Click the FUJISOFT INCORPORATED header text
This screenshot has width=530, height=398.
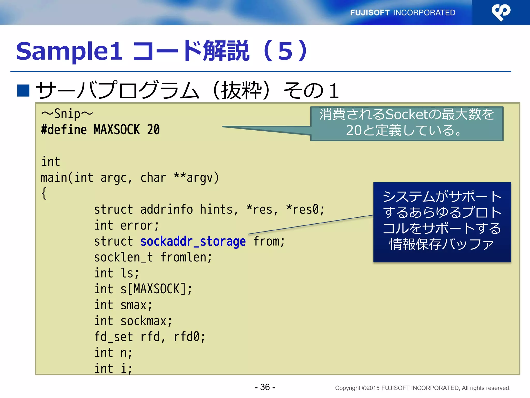(x=402, y=12)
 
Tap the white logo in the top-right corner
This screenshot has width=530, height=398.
(x=501, y=12)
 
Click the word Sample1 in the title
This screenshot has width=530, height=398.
(x=69, y=51)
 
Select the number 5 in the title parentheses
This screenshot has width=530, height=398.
(x=285, y=51)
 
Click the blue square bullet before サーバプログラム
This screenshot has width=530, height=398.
(x=23, y=90)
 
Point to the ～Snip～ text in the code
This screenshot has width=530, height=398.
(x=67, y=114)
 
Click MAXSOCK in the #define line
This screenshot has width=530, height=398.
(x=116, y=130)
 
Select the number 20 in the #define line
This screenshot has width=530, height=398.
(x=153, y=130)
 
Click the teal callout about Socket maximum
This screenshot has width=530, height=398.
(x=407, y=123)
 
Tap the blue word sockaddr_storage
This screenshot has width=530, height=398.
(x=193, y=241)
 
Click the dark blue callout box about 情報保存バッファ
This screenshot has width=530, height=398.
(x=442, y=222)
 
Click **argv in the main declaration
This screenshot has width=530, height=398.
(x=196, y=178)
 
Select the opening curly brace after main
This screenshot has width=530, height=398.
(x=44, y=194)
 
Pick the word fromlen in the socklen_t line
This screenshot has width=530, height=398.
(x=185, y=257)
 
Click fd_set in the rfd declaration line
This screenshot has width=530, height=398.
(x=113, y=337)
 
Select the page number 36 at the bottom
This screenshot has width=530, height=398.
(x=265, y=387)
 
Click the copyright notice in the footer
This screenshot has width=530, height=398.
(x=422, y=388)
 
